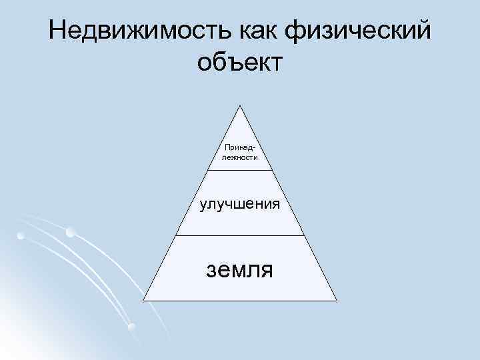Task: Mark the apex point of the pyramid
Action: click(240, 105)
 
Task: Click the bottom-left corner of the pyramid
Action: click(143, 301)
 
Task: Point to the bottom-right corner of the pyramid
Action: click(337, 301)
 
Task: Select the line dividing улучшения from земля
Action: click(240, 235)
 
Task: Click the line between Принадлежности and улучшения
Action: click(240, 170)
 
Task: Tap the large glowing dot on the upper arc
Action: click(71, 233)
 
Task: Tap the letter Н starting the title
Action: click(57, 31)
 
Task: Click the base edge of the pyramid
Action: click(240, 301)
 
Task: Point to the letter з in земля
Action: click(212, 270)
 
